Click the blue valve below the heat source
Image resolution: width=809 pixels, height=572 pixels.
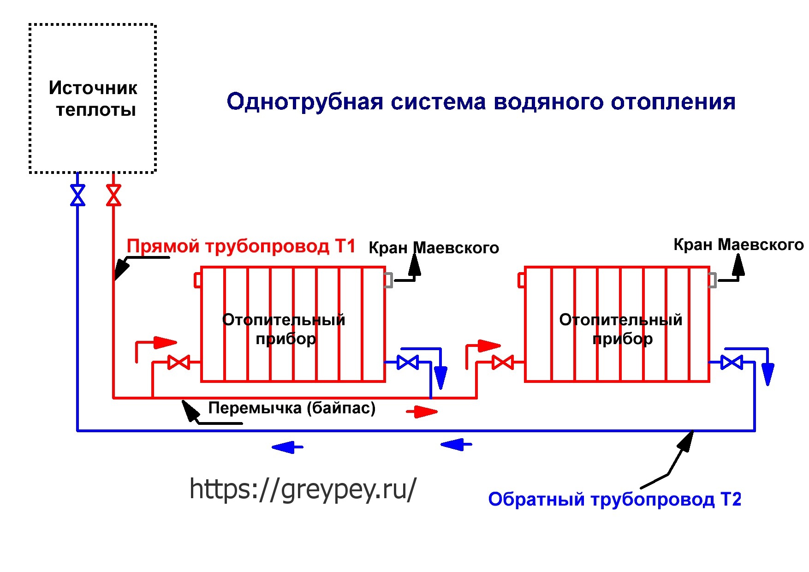[77, 195]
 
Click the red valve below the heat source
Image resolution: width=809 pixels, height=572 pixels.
[113, 195]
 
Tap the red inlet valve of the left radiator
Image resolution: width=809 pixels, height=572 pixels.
[178, 363]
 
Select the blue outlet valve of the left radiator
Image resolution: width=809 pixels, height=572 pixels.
[408, 363]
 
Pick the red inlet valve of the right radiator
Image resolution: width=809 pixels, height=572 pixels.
[503, 363]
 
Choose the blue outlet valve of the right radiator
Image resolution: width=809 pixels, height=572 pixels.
[732, 363]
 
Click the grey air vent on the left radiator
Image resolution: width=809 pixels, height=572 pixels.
[388, 280]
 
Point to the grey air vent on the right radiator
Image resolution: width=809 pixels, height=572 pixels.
[713, 280]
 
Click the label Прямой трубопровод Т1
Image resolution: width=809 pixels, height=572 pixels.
[241, 246]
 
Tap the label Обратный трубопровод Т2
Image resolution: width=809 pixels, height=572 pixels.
[614, 499]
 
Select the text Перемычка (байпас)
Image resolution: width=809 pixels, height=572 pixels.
[292, 408]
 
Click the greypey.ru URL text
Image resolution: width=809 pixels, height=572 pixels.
[303, 489]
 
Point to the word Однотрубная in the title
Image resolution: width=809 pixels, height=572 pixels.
[305, 101]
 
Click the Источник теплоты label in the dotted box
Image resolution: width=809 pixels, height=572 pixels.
[94, 99]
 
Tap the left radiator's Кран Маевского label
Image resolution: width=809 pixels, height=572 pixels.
[434, 248]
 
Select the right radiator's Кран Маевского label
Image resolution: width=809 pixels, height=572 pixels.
[738, 244]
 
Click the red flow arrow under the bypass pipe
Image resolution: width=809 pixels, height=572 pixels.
[422, 411]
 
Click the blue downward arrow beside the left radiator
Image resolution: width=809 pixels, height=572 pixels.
[441, 376]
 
